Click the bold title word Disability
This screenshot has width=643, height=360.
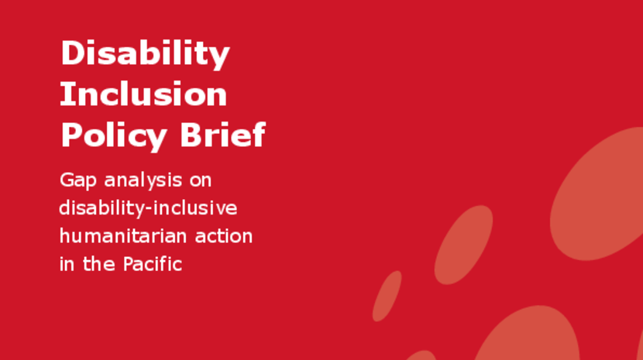tap(145, 54)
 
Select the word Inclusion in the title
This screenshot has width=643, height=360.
tap(143, 94)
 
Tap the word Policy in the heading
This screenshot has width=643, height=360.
tap(114, 136)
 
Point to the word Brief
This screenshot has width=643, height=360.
tap(223, 134)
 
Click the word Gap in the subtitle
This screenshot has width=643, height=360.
tap(78, 181)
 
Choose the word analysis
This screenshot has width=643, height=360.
tap(143, 181)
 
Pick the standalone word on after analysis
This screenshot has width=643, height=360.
tap(200, 181)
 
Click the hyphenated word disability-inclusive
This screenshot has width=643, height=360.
tap(148, 208)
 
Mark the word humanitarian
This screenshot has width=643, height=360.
tap(123, 236)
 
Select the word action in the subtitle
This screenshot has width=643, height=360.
tap(224, 236)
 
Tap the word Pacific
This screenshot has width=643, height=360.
tap(153, 264)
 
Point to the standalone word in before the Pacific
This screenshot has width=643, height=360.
tap(67, 264)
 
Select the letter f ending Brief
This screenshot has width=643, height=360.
tap(258, 134)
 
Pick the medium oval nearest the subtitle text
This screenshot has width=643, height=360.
tap(463, 245)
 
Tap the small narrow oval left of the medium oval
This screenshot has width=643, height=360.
tap(387, 296)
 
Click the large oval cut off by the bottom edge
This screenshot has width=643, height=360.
tap(527, 334)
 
